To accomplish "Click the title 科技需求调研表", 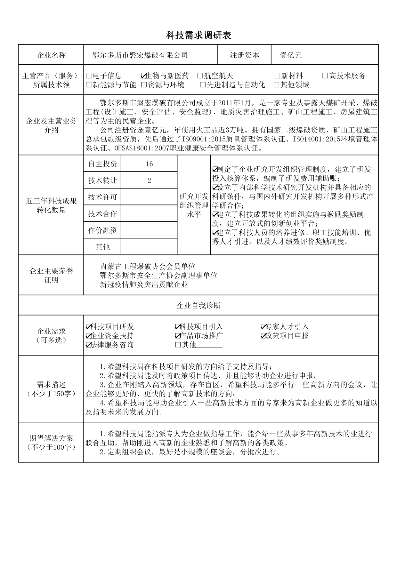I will (199, 36).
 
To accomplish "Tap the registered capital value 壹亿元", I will (291, 55).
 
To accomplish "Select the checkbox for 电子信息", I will (89, 76).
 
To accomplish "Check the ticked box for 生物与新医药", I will (144, 76).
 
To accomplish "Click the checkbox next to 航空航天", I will (200, 76).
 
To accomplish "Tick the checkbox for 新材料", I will (277, 76).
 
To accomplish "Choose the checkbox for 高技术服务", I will (325, 76).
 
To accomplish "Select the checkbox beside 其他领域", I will (277, 85).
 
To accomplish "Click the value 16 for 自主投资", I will (149, 164).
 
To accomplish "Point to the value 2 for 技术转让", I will (149, 180).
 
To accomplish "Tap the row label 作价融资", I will (102, 230).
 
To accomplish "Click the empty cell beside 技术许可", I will (149, 197).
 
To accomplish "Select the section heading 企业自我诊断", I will (199, 306).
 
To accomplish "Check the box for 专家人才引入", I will (263, 327).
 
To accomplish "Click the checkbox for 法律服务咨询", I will (89, 345).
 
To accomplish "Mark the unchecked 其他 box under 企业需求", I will (178, 345).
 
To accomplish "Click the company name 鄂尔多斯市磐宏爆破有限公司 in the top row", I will (140, 55).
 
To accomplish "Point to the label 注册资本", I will (245, 55).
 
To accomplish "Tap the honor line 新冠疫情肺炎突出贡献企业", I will (144, 285).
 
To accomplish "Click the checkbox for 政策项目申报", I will (263, 336).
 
